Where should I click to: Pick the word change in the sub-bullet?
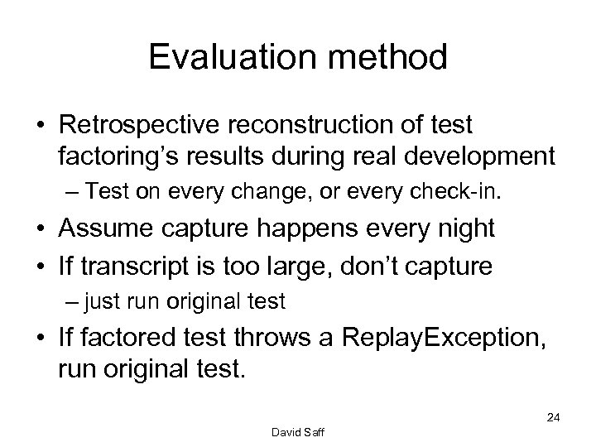(252, 194)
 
